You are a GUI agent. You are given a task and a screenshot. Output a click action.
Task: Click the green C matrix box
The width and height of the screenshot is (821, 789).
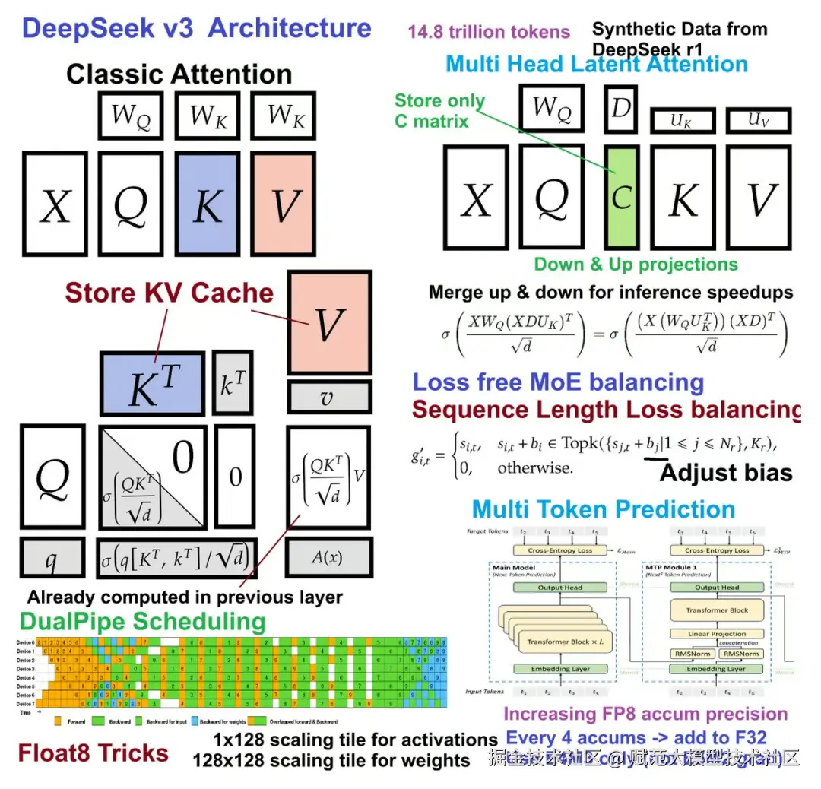click(x=622, y=197)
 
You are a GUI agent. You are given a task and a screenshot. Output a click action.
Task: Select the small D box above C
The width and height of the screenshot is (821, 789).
click(x=621, y=107)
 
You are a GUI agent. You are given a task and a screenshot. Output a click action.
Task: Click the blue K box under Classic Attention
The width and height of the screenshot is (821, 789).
click(x=207, y=204)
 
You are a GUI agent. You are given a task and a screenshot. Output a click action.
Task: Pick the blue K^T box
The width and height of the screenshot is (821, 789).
click(x=152, y=384)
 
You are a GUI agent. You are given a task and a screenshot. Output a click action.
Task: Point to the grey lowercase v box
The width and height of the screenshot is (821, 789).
click(x=328, y=398)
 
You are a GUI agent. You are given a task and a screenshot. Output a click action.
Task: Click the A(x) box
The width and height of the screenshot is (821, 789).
click(x=328, y=557)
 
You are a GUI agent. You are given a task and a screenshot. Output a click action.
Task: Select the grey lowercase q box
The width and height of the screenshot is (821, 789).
click(x=52, y=558)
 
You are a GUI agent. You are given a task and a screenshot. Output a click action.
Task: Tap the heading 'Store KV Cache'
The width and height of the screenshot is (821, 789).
click(x=169, y=293)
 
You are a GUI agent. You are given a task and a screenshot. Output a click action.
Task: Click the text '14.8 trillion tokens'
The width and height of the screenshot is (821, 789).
click(x=489, y=32)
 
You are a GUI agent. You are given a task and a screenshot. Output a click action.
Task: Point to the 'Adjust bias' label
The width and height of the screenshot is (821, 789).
click(x=726, y=473)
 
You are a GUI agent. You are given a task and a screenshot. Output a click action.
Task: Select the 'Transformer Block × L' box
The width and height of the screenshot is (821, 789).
click(x=559, y=642)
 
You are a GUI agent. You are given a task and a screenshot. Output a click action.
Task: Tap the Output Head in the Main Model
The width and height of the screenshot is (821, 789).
click(x=560, y=588)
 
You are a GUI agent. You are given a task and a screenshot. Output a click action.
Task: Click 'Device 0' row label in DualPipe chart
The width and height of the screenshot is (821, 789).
click(x=25, y=642)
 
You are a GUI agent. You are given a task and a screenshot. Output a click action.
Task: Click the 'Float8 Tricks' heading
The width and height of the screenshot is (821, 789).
click(x=94, y=753)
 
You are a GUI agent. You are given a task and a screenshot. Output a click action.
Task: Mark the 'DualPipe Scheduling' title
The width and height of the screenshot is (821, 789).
click(x=142, y=621)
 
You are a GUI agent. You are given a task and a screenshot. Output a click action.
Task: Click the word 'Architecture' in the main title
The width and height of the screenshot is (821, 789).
click(x=289, y=28)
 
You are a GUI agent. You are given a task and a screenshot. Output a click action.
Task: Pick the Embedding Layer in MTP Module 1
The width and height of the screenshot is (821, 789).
click(x=716, y=669)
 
